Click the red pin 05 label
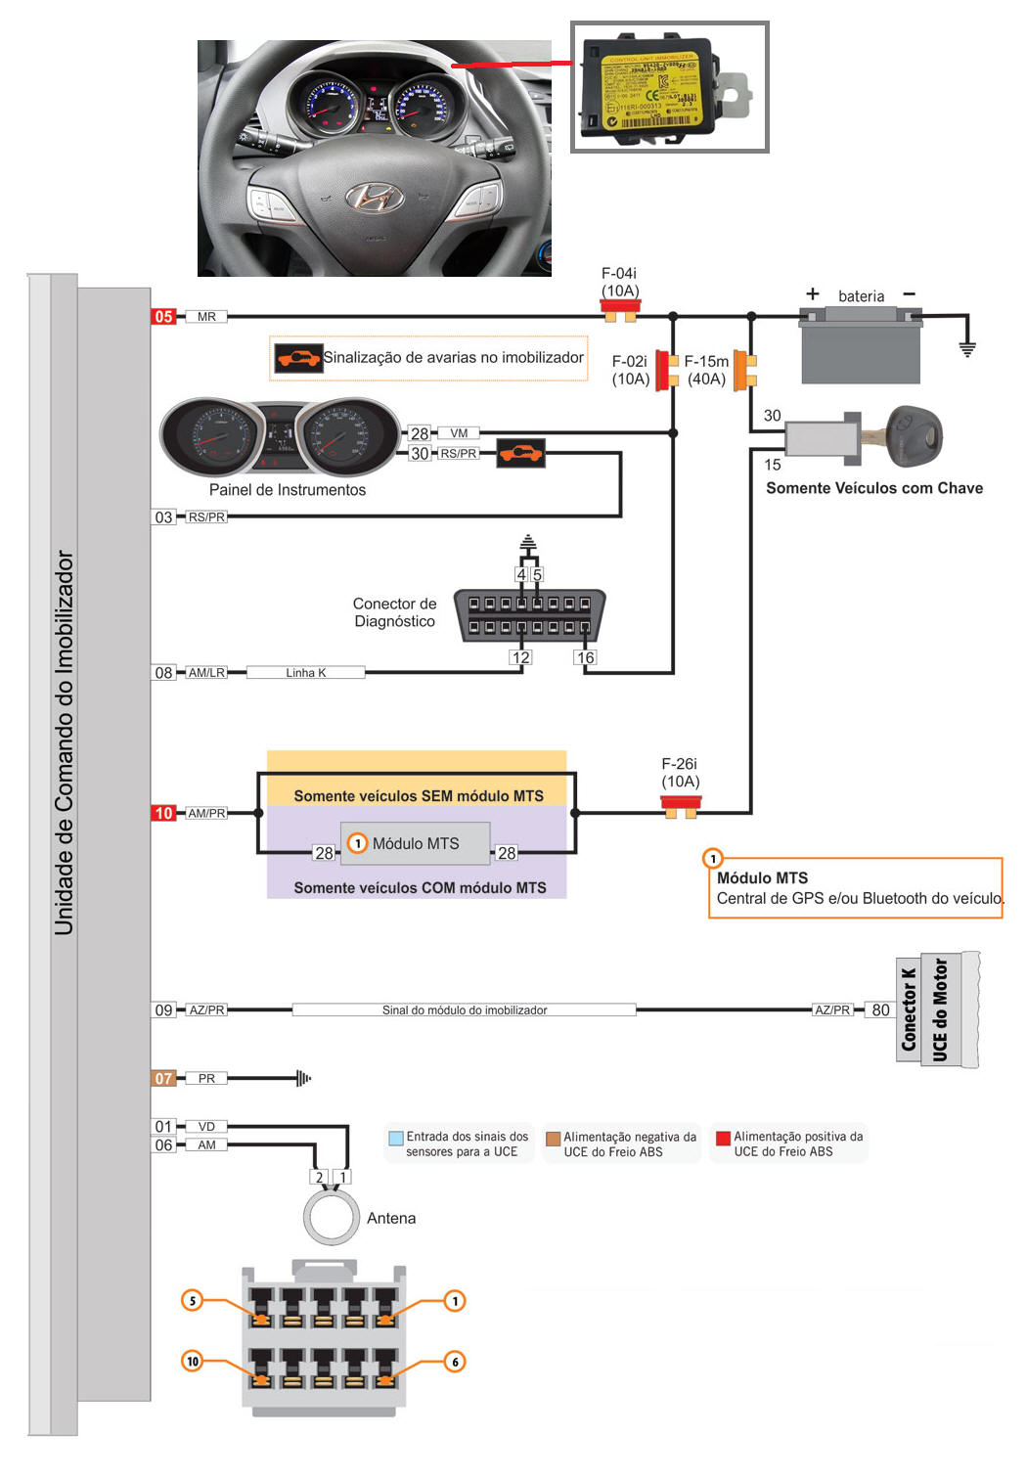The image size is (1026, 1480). pyautogui.click(x=163, y=317)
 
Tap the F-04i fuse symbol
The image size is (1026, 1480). pyautogui.click(x=620, y=311)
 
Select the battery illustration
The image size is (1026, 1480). pyautogui.click(x=861, y=345)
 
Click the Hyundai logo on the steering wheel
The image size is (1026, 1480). pyautogui.click(x=375, y=198)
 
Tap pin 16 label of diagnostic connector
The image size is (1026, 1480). pyautogui.click(x=586, y=657)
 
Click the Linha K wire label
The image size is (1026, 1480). pyautogui.click(x=305, y=673)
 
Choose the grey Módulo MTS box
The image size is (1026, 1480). pyautogui.click(x=415, y=843)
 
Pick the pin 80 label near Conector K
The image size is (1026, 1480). pyautogui.click(x=880, y=1010)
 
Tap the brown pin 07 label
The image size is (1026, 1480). pyautogui.click(x=163, y=1078)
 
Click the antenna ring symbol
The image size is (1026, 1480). pyautogui.click(x=332, y=1218)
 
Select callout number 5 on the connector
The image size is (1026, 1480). pyautogui.click(x=193, y=1300)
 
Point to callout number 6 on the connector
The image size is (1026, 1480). pyautogui.click(x=455, y=1361)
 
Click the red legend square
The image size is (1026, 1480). pyautogui.click(x=724, y=1138)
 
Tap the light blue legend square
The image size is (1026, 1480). pyautogui.click(x=396, y=1138)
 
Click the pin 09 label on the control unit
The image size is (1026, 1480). pyautogui.click(x=163, y=1010)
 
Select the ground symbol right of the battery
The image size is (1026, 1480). pyautogui.click(x=967, y=348)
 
